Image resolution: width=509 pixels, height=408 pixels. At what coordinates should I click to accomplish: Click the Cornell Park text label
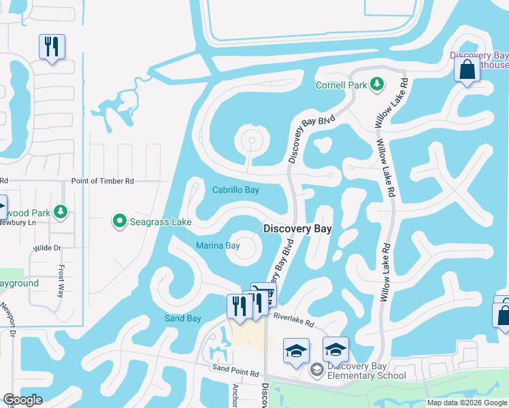click(340, 85)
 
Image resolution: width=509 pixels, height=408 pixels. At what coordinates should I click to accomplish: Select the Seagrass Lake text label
click(160, 221)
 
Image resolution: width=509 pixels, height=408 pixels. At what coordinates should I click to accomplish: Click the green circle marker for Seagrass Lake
click(120, 221)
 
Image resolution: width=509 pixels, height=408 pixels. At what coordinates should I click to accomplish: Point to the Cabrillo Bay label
click(235, 190)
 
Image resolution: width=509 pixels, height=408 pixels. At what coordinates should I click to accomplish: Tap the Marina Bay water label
click(218, 245)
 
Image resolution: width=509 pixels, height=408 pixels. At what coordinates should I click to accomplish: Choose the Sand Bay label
click(183, 318)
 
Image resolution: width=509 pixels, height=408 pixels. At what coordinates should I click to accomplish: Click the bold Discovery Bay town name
click(297, 229)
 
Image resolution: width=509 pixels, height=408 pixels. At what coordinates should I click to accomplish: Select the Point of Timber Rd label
click(103, 181)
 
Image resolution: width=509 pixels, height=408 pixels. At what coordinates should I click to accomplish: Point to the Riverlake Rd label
click(293, 318)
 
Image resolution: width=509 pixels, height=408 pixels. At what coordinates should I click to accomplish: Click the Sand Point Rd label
click(235, 374)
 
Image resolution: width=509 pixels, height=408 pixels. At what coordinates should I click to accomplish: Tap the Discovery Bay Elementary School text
click(367, 371)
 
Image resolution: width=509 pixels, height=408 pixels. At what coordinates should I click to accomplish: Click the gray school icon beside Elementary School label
click(316, 371)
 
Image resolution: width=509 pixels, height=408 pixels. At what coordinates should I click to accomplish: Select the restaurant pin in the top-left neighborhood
click(52, 47)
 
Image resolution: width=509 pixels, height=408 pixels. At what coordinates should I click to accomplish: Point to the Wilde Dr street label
click(47, 248)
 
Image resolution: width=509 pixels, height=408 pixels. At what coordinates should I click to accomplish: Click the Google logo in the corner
click(22, 400)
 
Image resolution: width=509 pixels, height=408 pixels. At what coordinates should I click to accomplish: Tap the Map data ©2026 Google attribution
click(467, 403)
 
